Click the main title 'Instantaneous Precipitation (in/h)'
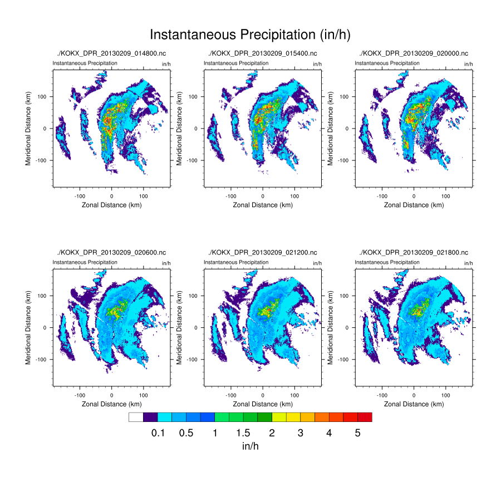point(250,35)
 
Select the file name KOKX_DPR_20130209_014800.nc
point(111,53)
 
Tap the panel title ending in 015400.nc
point(263,53)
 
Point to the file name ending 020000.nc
point(414,53)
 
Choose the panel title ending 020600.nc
point(111,253)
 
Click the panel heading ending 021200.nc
point(263,253)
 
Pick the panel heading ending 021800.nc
point(414,253)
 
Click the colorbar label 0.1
point(158,433)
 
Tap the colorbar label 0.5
point(186,433)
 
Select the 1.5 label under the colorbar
point(243,433)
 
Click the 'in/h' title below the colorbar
point(250,446)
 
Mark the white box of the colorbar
point(136,417)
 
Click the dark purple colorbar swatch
point(150,417)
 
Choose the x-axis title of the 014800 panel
point(111,205)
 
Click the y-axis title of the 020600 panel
point(28,327)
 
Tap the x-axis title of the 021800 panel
point(414,404)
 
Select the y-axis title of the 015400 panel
point(179,128)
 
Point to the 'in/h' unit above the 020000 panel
point(468,64)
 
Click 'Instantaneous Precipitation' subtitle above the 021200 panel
point(236,262)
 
